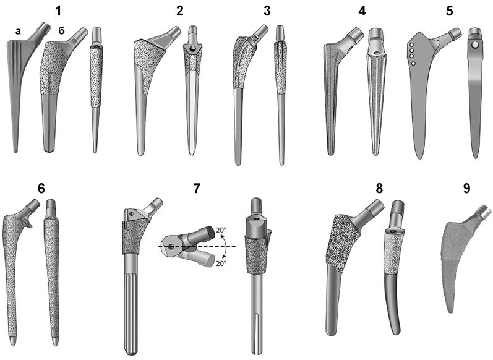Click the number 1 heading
[x=58, y=11]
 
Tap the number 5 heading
[x=450, y=11]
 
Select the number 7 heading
[x=197, y=188]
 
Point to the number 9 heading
[x=467, y=188]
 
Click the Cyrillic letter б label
[x=61, y=30]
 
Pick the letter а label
[x=18, y=31]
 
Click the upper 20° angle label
[x=220, y=230]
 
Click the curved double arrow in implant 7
[x=226, y=247]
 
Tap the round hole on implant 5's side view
[x=475, y=46]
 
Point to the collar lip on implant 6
[x=28, y=223]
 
